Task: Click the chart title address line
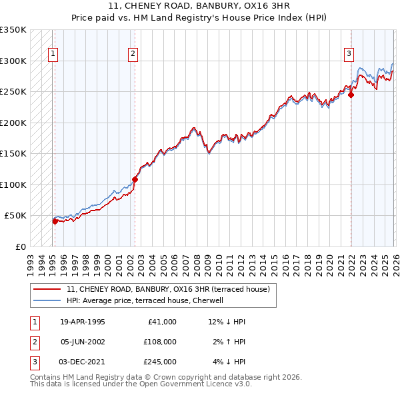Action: (x=199, y=6)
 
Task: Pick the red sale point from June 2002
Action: (x=135, y=179)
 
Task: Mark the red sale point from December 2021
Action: (x=351, y=95)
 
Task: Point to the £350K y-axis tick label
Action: (x=13, y=30)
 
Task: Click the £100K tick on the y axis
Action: (x=13, y=185)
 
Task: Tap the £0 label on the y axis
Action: (x=20, y=246)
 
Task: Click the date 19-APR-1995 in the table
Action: (x=83, y=322)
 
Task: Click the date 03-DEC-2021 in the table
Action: (x=83, y=362)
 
